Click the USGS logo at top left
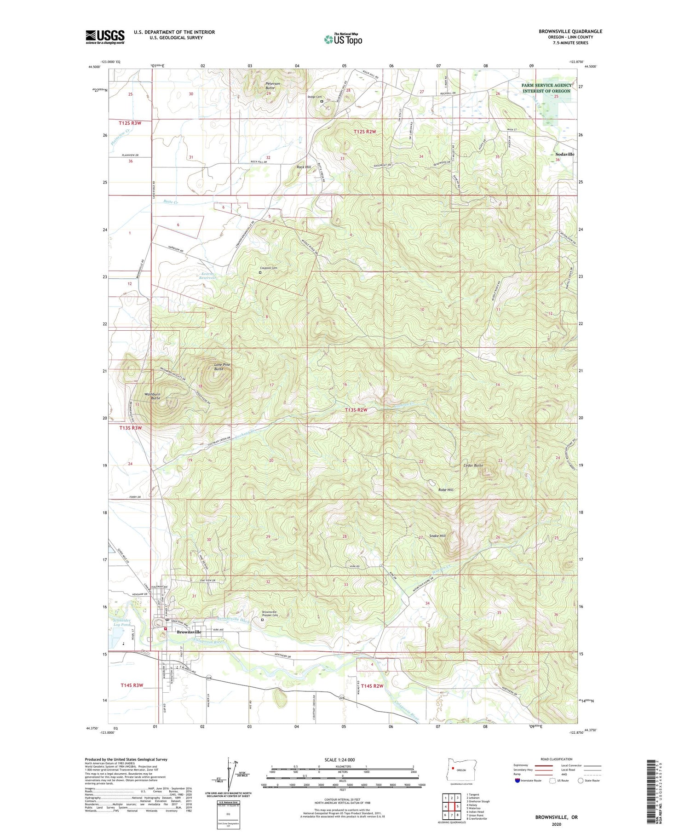[105, 37]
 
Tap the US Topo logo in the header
[343, 39]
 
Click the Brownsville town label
[189, 632]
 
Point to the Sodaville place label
[564, 154]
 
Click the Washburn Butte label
[152, 396]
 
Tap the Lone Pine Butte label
[222, 367]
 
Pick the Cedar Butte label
[473, 466]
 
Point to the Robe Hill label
[445, 490]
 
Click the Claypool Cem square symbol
[260, 272]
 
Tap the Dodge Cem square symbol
[322, 101]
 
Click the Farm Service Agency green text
[546, 88]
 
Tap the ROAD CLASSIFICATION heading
[557, 759]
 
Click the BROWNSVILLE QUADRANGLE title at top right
[570, 31]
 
